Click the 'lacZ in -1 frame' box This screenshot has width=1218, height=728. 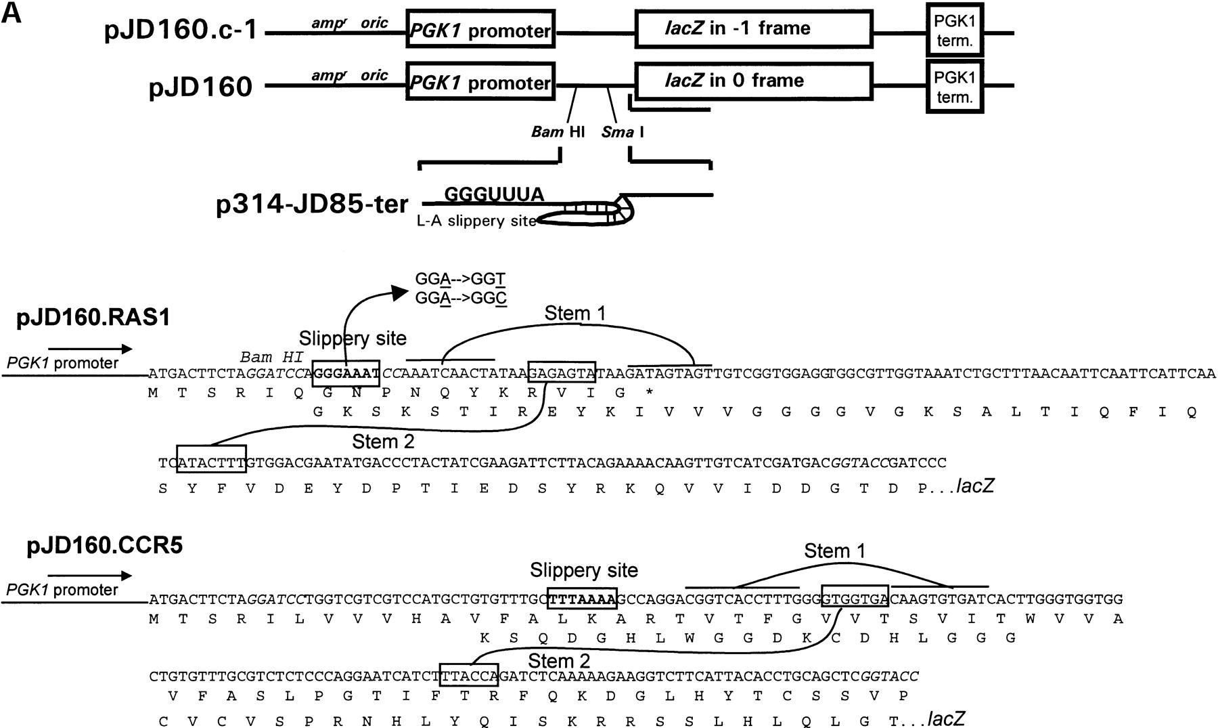[752, 29]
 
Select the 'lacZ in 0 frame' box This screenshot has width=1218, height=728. [752, 81]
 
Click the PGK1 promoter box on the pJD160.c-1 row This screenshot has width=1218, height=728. [480, 29]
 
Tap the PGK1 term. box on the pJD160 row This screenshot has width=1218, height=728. [954, 86]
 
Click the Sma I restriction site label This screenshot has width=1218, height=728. [623, 132]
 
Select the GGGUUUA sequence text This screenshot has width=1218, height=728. [494, 195]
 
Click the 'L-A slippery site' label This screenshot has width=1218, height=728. [477, 221]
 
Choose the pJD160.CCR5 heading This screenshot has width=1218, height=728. [105, 546]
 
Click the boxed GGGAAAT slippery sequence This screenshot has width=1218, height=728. [346, 373]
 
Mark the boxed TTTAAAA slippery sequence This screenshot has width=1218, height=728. [582, 599]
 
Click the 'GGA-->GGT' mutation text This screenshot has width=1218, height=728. [461, 279]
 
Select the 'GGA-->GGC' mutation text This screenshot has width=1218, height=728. [461, 297]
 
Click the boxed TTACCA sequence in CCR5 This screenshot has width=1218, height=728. [469, 676]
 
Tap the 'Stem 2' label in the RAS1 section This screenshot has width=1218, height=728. [383, 442]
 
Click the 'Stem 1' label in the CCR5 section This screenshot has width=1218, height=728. [835, 552]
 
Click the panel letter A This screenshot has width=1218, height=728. [12, 12]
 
